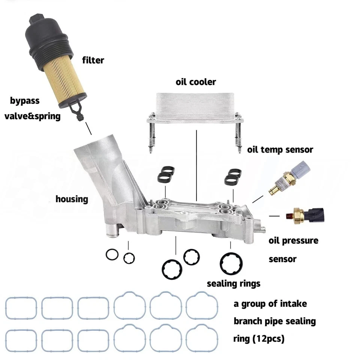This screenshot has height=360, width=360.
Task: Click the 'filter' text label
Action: (x=93, y=60)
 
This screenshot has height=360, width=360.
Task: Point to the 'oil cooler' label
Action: (x=196, y=82)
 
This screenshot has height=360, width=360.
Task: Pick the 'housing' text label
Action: (x=72, y=199)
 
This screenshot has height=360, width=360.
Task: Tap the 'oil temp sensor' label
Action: (x=280, y=150)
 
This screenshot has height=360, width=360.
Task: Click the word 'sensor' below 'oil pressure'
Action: (x=282, y=259)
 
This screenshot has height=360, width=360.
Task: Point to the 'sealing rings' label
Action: (x=233, y=283)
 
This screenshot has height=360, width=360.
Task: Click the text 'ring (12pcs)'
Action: (x=259, y=339)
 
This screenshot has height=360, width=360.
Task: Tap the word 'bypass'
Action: (x=25, y=100)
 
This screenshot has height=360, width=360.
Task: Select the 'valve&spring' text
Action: (x=32, y=116)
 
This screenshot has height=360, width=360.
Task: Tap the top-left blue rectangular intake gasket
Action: (x=21, y=308)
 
